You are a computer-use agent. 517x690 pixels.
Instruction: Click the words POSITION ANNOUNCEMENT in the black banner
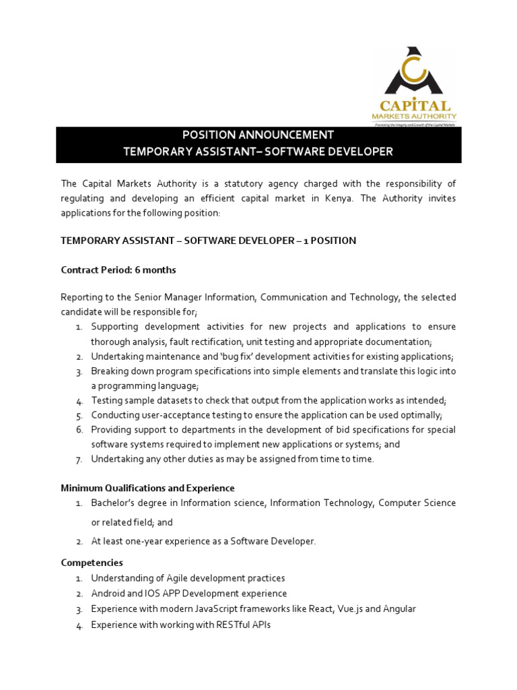tap(258, 135)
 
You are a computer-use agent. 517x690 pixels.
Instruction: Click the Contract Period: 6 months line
tap(118, 270)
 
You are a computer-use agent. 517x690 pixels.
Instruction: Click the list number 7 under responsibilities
tap(79, 460)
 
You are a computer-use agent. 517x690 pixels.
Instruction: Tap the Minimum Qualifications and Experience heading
tap(147, 488)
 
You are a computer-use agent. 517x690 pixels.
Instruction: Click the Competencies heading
tap(92, 563)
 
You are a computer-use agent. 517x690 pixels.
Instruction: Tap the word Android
tap(108, 594)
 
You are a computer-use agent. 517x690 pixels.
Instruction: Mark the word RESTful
tap(230, 625)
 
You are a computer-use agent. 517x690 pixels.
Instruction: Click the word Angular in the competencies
tap(399, 609)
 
